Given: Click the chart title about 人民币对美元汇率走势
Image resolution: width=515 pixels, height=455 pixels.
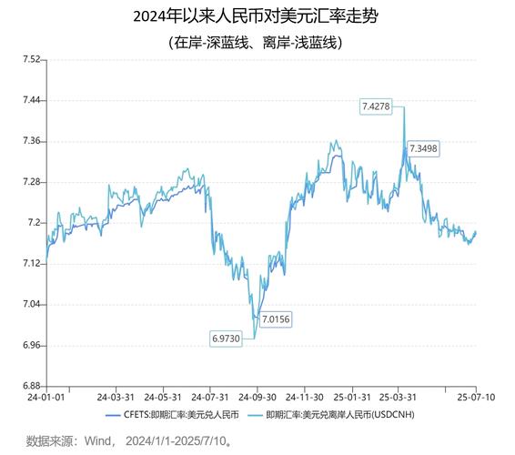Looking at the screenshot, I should pos(257,16).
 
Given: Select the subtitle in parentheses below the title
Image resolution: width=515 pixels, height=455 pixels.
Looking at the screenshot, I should pos(257,42).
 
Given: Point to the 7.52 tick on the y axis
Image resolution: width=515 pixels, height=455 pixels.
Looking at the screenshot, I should pos(30,59).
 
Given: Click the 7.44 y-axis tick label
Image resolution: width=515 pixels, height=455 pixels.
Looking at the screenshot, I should pos(30,100).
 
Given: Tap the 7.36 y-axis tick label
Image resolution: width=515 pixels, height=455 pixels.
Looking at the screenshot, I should pos(30,141).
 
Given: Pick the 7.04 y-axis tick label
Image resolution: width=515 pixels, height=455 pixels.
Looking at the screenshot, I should pos(30,305).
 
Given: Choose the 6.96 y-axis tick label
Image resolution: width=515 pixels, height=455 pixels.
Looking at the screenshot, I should pos(30,346).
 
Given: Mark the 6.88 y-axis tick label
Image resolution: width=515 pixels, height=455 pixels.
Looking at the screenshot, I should pos(30,387).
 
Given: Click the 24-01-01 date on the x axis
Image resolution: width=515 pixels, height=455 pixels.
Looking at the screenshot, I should pos(45,398).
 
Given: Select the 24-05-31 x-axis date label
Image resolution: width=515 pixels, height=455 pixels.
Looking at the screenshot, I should pos(163,398).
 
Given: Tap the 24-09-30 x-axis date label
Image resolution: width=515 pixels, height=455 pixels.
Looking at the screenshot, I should pos(258,398).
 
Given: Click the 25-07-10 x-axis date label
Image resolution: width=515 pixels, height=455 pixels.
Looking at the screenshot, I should pos(473,398).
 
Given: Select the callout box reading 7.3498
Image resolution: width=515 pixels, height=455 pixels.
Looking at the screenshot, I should pos(423,148).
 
